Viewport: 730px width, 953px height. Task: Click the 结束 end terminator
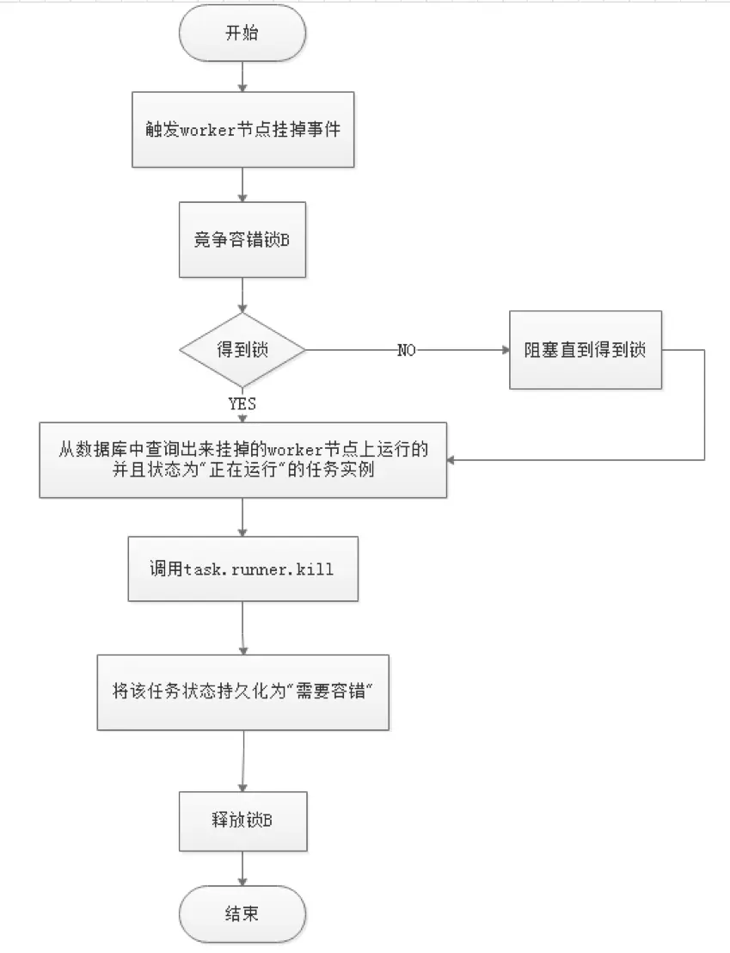coord(242,913)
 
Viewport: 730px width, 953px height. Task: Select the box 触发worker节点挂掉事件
coord(242,131)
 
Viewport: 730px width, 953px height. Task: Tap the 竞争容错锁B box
coord(242,240)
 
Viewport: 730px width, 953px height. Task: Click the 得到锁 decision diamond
coord(242,350)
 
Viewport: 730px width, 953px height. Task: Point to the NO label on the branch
coord(407,351)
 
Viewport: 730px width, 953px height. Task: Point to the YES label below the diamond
coord(242,403)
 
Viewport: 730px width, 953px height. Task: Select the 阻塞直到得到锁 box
coord(586,350)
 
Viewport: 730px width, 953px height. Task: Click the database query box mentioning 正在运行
coord(242,460)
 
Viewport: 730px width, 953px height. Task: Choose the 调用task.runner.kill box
coord(242,569)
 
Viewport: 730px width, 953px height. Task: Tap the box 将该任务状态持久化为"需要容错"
coord(242,691)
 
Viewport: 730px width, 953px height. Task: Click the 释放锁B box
coord(242,821)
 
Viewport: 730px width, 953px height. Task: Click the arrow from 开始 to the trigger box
coord(242,80)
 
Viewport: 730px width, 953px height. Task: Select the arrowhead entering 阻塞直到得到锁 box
coord(504,351)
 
